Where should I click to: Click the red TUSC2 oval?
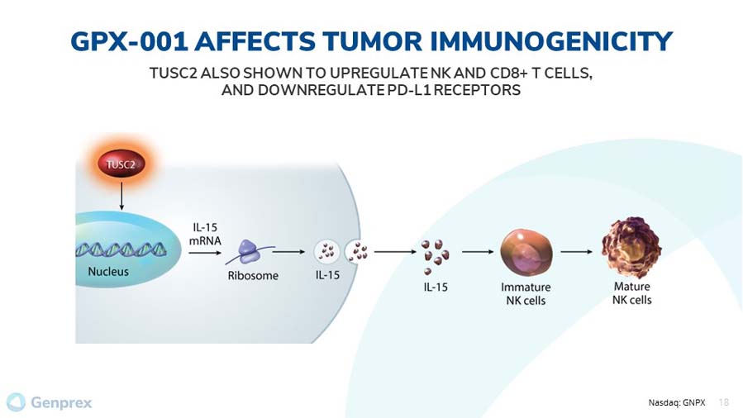pos(121,164)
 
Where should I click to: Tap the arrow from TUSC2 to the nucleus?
pos(121,196)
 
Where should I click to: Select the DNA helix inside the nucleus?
pos(121,249)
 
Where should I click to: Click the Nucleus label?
pos(108,272)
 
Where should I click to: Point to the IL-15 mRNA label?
pos(205,234)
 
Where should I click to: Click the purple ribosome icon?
pos(250,252)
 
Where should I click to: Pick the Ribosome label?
pos(253,276)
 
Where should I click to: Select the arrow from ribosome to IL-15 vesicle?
pos(288,252)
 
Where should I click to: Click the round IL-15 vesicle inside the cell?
pos(327,252)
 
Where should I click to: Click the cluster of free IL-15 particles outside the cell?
pos(435,256)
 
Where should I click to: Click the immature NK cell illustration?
pos(526,252)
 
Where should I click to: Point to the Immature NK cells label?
pos(526,293)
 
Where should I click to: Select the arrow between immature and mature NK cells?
pos(576,252)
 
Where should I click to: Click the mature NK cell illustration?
pos(631,248)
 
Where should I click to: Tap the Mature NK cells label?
pos(632,293)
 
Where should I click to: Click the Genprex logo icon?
pos(16,402)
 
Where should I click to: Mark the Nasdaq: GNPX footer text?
pos(677,403)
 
